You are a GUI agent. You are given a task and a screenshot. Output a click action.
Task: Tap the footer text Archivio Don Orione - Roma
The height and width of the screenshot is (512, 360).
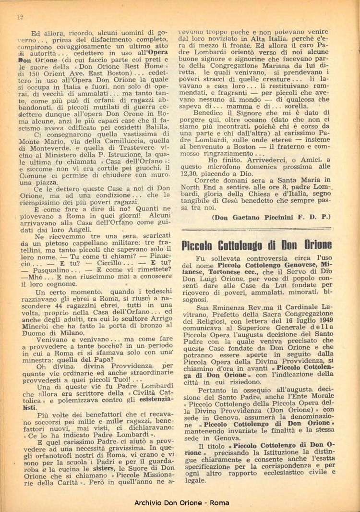(180, 502)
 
